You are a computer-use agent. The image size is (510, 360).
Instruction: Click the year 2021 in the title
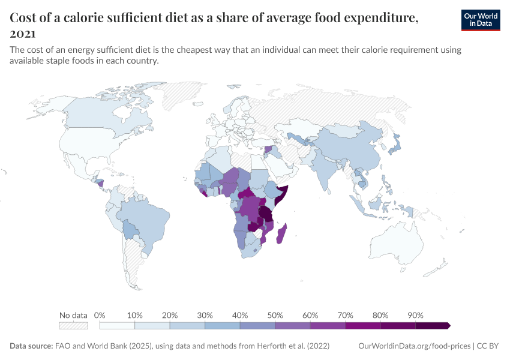coord(22,34)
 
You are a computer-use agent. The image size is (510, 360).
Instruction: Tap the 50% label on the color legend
coord(275,315)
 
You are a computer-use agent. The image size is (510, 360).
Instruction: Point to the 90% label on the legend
coord(415,315)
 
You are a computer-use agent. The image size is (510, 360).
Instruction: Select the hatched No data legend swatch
coord(73,325)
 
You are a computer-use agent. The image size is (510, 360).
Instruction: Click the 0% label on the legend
coord(100,315)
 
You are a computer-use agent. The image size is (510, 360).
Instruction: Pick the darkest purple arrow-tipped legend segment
coord(433,325)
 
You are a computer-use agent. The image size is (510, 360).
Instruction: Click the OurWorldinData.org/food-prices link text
coord(413,346)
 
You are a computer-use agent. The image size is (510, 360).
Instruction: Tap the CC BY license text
coord(489,346)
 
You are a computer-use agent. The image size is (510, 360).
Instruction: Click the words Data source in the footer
coord(31,346)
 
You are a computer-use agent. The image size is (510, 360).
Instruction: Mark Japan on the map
coord(394,144)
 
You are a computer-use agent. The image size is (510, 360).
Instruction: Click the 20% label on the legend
coord(169,315)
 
